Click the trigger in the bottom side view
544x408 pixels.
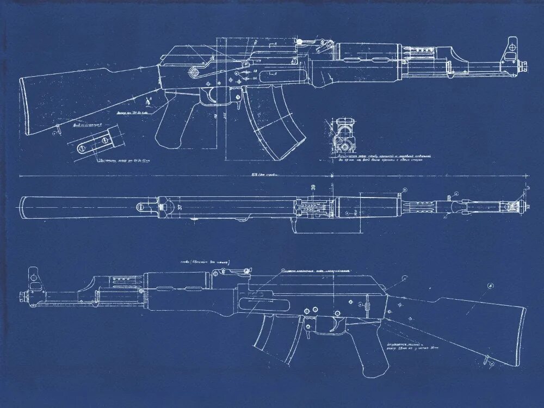point(332,325)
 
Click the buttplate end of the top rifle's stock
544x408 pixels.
point(24,106)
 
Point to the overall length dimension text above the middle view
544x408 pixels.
point(264,175)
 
